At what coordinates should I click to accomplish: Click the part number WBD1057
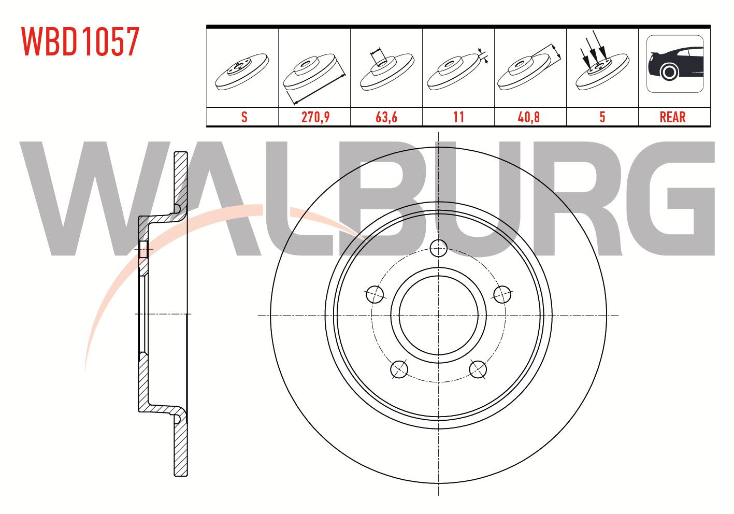click(x=80, y=41)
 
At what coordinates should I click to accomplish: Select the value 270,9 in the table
click(x=315, y=117)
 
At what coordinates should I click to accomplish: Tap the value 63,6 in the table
click(x=386, y=117)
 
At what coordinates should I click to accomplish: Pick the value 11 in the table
click(x=458, y=117)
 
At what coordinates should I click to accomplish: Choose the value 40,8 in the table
click(x=528, y=117)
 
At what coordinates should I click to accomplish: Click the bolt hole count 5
click(x=602, y=117)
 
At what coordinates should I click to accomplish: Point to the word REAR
click(x=672, y=117)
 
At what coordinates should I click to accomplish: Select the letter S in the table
click(x=244, y=117)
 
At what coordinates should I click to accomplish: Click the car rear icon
click(x=675, y=64)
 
